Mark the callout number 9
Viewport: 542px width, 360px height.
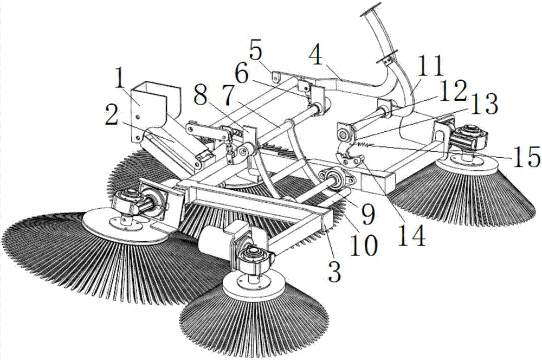tap(367, 214)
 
